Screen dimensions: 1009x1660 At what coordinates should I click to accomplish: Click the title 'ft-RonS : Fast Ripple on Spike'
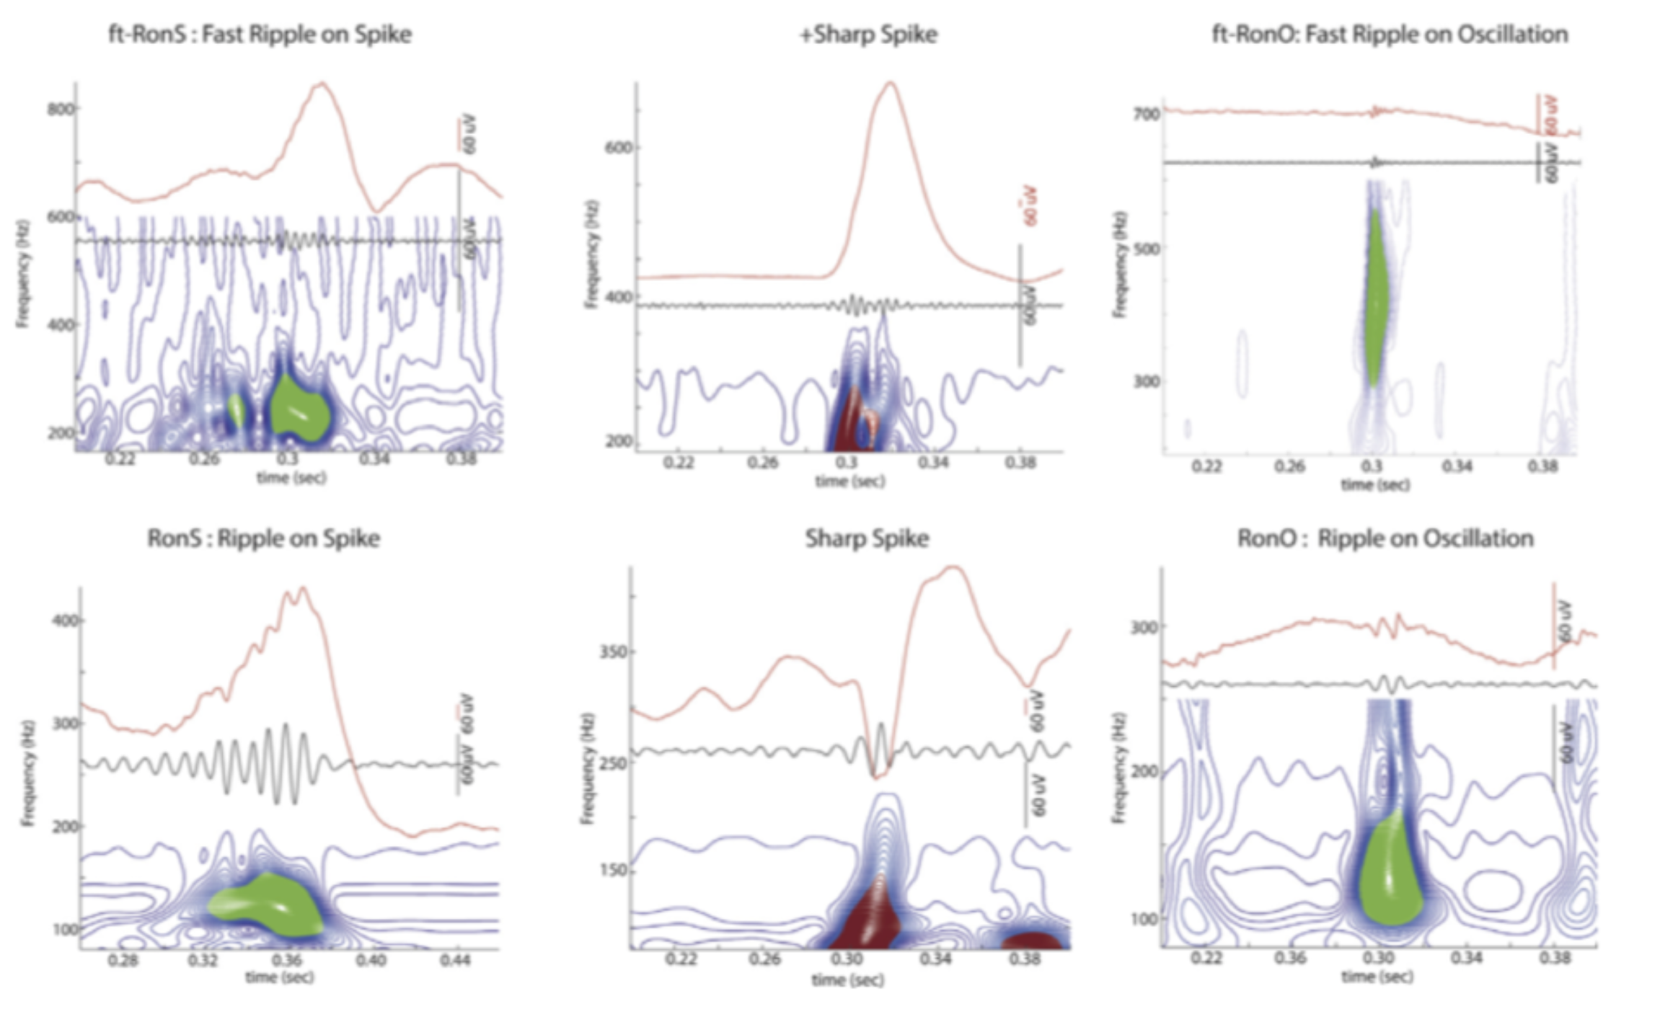point(260,35)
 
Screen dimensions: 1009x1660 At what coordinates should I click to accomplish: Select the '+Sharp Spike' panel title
point(868,35)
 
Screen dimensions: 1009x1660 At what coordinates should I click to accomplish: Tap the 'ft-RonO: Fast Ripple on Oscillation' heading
point(1390,35)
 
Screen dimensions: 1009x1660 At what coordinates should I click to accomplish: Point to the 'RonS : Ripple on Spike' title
point(264,538)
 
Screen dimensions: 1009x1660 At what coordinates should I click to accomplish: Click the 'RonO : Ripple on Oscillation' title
point(1385,538)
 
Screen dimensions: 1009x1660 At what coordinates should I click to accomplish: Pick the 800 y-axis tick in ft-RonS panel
point(60,109)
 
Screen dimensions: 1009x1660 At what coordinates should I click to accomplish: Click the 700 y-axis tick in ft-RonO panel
point(1146,114)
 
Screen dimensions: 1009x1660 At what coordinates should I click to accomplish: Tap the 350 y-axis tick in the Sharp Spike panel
point(614,652)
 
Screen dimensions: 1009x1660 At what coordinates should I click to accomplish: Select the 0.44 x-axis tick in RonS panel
point(456,960)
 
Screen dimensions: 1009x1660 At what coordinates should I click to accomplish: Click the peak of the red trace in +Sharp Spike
point(891,83)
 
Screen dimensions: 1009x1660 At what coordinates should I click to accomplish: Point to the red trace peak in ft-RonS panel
point(322,84)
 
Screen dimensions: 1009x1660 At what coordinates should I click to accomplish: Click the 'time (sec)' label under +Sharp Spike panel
point(849,481)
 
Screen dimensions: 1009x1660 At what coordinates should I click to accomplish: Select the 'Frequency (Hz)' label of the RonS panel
point(28,773)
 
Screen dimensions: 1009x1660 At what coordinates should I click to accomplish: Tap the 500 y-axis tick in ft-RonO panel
point(1146,249)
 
